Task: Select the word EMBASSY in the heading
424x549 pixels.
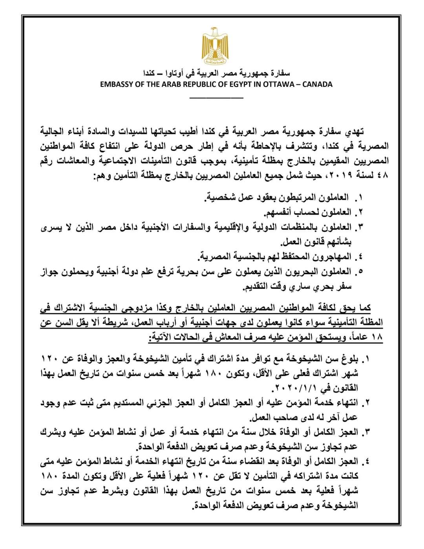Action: click(115, 84)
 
